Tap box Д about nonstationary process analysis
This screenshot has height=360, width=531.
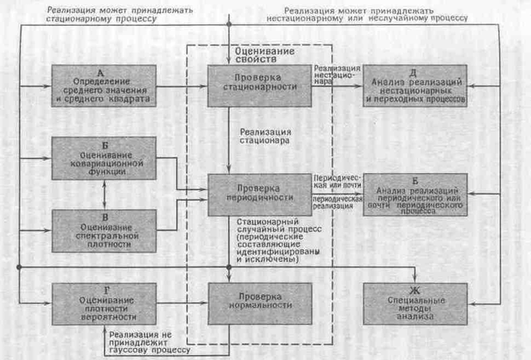point(415,87)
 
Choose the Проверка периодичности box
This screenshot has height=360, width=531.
point(259,194)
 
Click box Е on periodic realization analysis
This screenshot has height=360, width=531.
point(415,195)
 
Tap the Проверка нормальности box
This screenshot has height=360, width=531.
point(259,301)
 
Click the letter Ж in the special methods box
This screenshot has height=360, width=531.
point(415,289)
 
